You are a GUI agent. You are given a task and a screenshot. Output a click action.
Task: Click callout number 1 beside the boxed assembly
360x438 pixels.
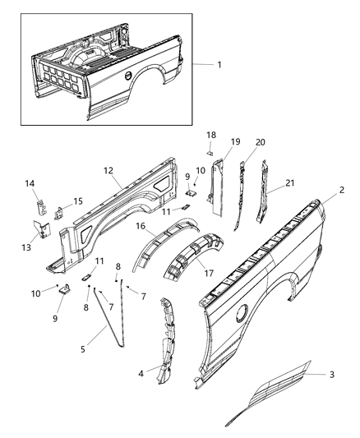point(219,65)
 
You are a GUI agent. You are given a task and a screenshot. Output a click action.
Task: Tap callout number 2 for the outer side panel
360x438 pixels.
point(342,190)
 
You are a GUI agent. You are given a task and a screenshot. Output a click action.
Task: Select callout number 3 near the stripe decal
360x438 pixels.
point(332,374)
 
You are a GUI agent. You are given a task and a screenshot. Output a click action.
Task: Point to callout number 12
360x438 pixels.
point(108,170)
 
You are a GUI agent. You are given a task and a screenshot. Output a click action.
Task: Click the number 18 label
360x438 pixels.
point(211,135)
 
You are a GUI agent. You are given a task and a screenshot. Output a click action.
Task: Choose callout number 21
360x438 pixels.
point(290,183)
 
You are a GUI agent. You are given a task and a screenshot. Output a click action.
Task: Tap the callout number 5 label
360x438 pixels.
point(83,349)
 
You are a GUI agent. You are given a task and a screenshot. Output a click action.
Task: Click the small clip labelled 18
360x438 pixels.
point(210,153)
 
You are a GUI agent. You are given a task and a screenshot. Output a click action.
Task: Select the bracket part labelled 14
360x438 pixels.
point(41,207)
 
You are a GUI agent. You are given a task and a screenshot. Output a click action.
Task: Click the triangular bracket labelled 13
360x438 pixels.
point(42,229)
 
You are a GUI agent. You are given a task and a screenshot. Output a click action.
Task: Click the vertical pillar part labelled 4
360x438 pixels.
point(167,341)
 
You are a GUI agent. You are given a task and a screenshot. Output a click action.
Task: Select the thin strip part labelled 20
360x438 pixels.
point(240,196)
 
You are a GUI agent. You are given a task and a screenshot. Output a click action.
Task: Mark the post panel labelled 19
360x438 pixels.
point(217,187)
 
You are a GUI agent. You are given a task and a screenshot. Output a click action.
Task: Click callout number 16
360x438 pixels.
point(141,226)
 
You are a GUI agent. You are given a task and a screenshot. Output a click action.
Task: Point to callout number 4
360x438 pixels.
point(141,373)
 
